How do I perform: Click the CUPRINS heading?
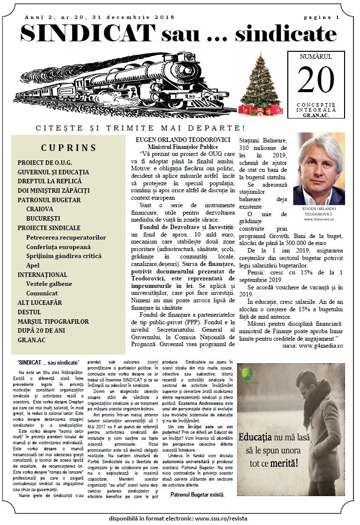click(x=69, y=147)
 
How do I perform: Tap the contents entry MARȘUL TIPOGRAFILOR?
click(x=53, y=321)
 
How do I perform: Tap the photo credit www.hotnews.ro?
click(x=318, y=219)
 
